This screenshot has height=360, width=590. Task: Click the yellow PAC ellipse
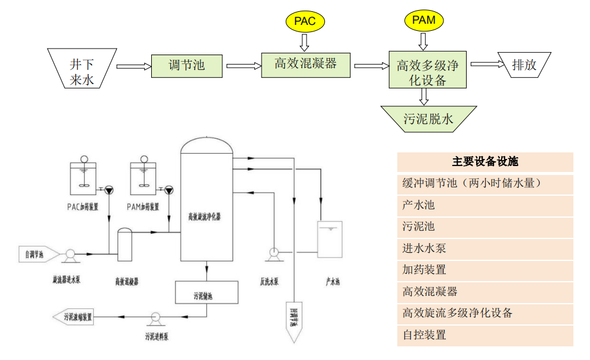point(305,22)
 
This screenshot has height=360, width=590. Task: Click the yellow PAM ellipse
point(423,20)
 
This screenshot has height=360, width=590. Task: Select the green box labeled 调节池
point(187,65)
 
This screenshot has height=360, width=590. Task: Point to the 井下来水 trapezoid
point(82,70)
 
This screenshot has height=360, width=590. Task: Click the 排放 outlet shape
point(524,65)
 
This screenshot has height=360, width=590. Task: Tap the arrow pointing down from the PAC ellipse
point(305,42)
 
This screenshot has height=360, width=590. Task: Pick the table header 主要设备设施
point(485,162)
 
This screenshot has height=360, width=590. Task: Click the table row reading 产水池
point(485,205)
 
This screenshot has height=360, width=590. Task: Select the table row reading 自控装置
point(485,335)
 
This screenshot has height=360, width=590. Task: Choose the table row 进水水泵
point(485,249)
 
